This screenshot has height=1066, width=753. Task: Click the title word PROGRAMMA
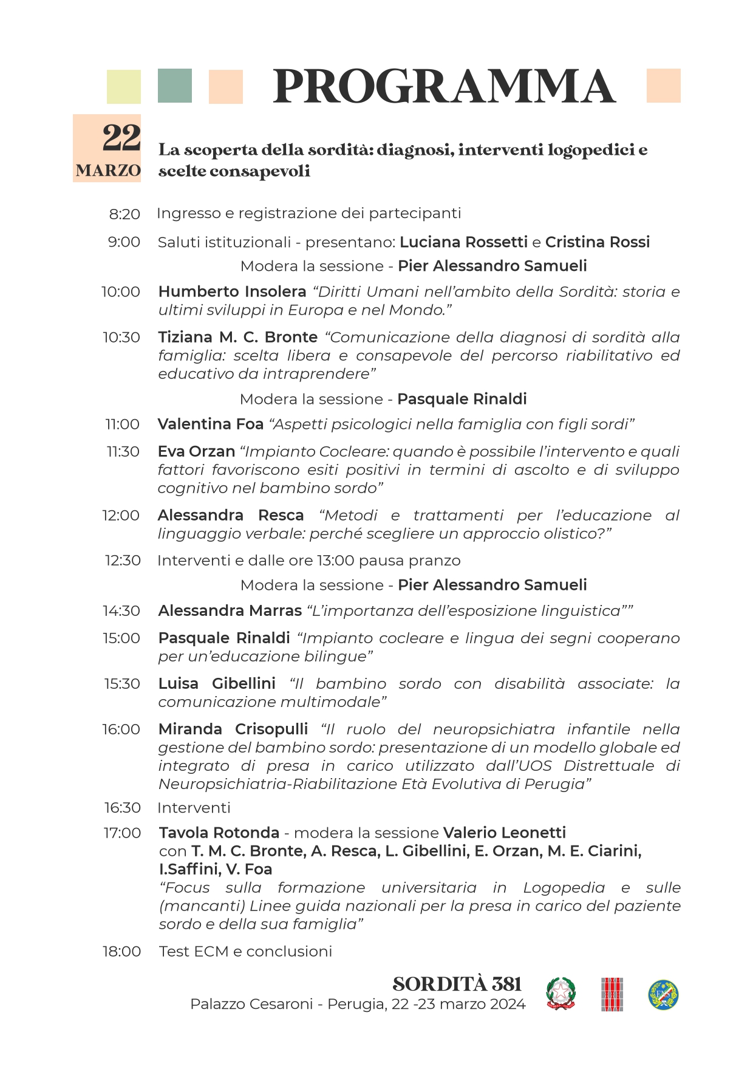[x=444, y=87]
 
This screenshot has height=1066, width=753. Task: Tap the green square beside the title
[x=175, y=86]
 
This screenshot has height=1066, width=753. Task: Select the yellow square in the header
[x=124, y=87]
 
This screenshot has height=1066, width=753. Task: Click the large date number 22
[x=121, y=138]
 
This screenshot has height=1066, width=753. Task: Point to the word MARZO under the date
[x=108, y=171]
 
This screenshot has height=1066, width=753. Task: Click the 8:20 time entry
[x=124, y=214]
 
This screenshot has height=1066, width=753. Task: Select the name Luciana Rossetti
[x=463, y=242]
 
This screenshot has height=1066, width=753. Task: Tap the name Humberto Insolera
[x=232, y=292]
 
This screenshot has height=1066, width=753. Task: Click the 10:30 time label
[x=121, y=337]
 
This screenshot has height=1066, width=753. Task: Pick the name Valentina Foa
[x=210, y=424]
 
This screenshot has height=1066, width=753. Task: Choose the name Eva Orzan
[x=196, y=451]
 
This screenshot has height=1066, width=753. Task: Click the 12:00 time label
[x=121, y=515]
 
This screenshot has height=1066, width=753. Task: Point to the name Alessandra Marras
[x=230, y=610]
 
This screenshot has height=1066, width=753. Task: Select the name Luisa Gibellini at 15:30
[x=217, y=683]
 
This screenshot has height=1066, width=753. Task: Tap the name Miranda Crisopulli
[x=233, y=729]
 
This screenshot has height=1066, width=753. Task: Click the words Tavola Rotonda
[x=219, y=833]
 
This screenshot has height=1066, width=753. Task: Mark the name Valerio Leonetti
[x=504, y=833]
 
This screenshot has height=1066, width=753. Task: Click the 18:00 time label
[x=121, y=951]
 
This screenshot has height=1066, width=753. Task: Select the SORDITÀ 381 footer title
[x=457, y=984]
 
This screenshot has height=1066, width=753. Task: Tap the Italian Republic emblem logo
[x=560, y=994]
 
